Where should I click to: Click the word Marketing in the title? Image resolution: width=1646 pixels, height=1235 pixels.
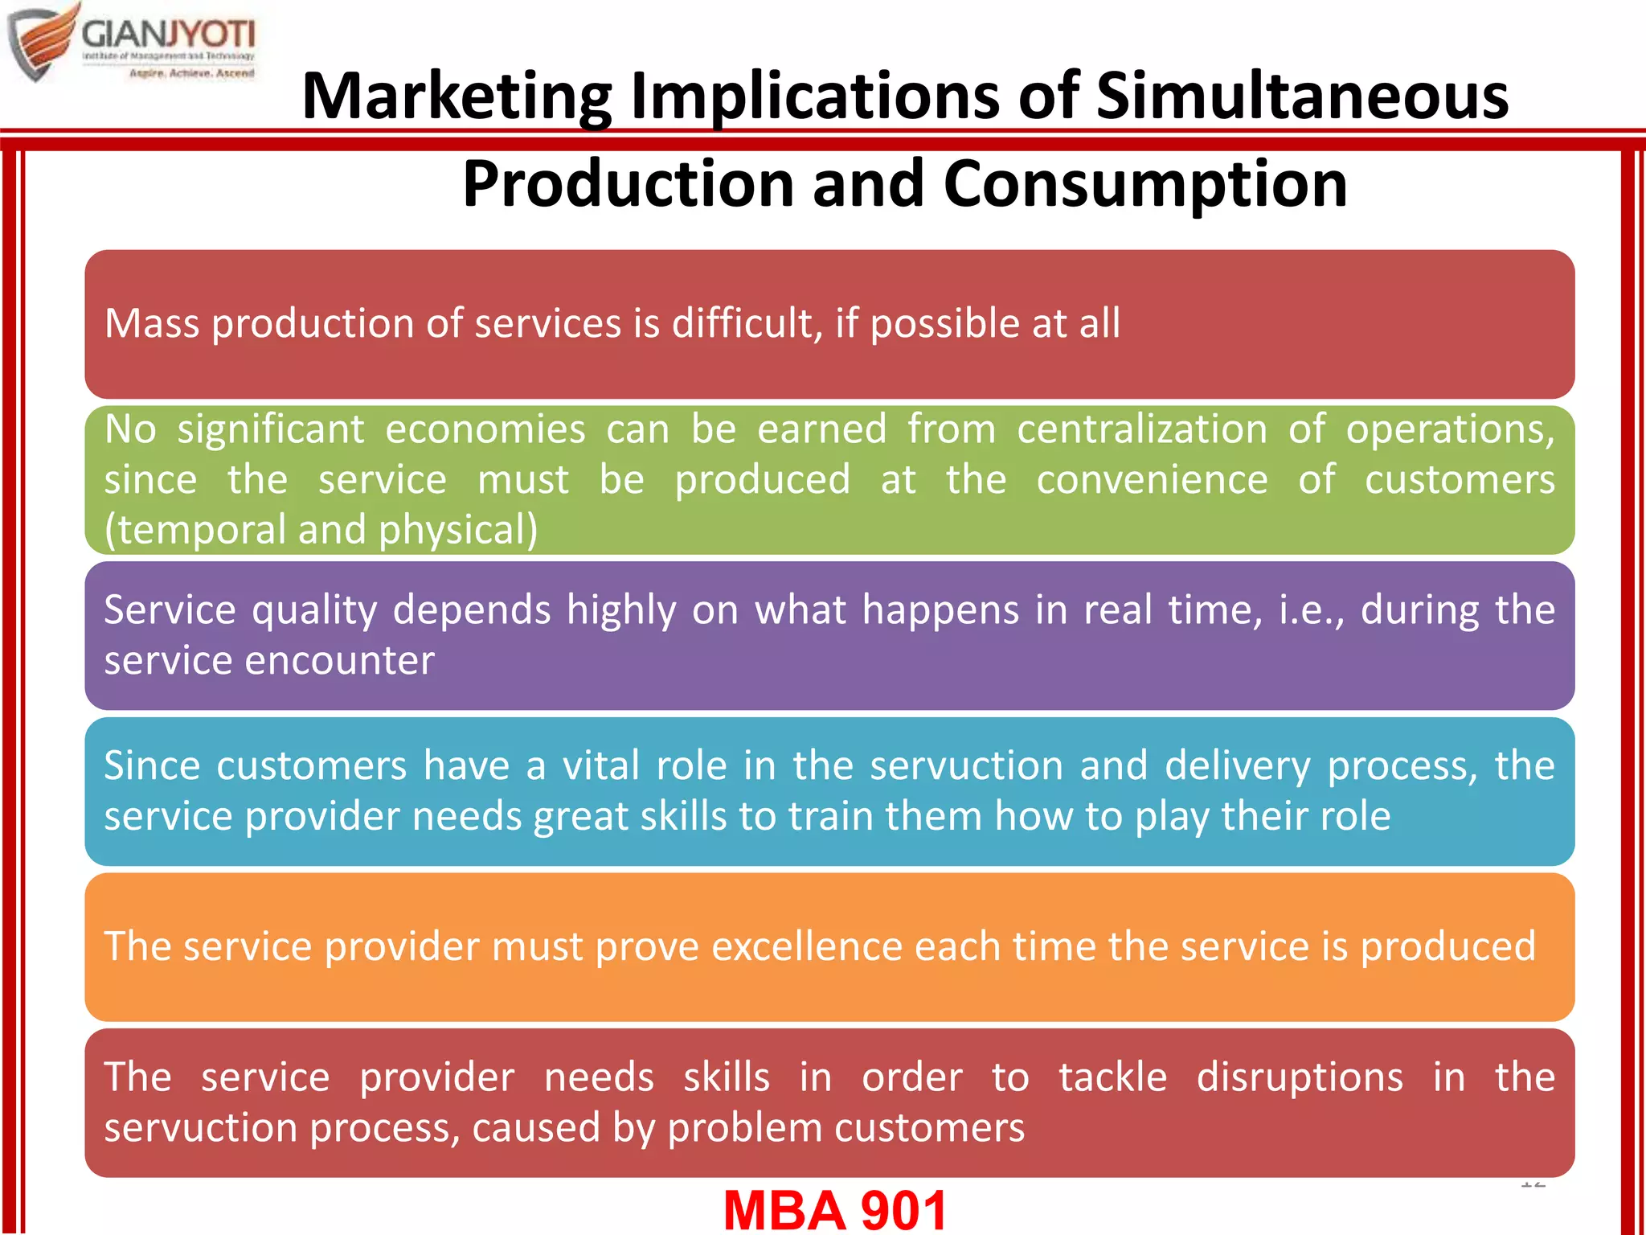[x=457, y=96]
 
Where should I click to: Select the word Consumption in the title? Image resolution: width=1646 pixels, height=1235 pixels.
[x=1144, y=183]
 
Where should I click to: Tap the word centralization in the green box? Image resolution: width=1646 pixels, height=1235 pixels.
[x=1142, y=429]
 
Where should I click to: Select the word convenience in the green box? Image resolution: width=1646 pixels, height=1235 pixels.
[x=1152, y=479]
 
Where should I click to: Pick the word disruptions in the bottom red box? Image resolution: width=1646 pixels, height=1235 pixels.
[x=1300, y=1077]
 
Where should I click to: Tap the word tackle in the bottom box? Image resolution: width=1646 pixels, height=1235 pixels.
[x=1112, y=1077]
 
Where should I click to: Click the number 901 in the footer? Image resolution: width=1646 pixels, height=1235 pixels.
[x=903, y=1210]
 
